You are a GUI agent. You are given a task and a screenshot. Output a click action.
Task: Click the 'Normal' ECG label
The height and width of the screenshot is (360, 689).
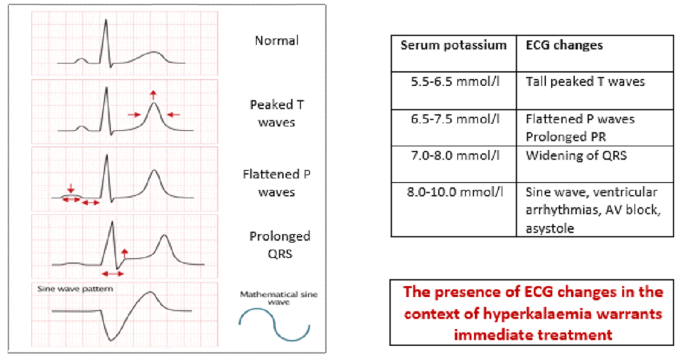[x=276, y=41]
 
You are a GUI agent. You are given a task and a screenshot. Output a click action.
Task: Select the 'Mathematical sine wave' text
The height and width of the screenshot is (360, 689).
[x=278, y=298]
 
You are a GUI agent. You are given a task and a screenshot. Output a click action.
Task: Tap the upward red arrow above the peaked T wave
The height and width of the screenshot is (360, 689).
[x=153, y=95]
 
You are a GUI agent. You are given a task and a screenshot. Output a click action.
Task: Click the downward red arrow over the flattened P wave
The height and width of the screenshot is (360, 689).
[x=71, y=187]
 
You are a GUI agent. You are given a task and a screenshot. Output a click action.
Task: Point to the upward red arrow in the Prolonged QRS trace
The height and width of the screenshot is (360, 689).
[x=124, y=253]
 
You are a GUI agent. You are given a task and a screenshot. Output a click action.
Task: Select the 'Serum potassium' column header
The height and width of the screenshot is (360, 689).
[x=454, y=46]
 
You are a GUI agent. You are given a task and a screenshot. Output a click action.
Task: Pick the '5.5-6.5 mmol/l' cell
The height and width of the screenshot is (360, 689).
[x=454, y=81]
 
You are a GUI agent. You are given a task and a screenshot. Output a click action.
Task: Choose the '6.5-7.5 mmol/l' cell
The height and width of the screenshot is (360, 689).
[x=454, y=119]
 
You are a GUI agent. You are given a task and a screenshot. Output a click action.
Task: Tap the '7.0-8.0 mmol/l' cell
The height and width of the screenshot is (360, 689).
[x=454, y=156]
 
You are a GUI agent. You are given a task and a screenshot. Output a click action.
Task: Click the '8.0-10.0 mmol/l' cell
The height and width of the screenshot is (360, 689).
[x=454, y=192]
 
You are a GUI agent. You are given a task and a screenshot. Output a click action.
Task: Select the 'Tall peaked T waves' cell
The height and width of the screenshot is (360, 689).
[x=584, y=81]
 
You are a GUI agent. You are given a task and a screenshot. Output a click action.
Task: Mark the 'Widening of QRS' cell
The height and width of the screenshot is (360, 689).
[x=575, y=156]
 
